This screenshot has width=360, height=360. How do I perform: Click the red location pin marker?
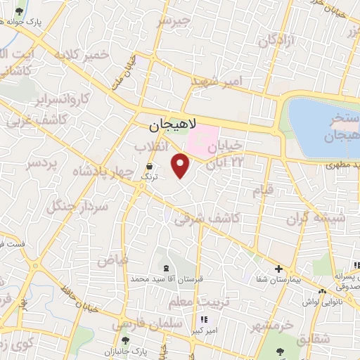tap(181, 165)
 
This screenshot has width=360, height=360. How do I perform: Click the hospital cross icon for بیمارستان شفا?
tap(279, 269)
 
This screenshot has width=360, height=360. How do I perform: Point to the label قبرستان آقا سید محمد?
tap(167, 279)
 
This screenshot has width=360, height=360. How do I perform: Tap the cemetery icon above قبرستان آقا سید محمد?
tap(167, 268)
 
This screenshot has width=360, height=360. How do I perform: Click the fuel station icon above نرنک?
tap(149, 167)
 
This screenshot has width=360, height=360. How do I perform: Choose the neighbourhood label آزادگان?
tap(275, 41)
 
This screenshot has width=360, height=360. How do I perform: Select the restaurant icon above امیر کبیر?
tap(204, 320)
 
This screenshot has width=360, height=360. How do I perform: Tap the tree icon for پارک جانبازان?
tap(125, 340)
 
